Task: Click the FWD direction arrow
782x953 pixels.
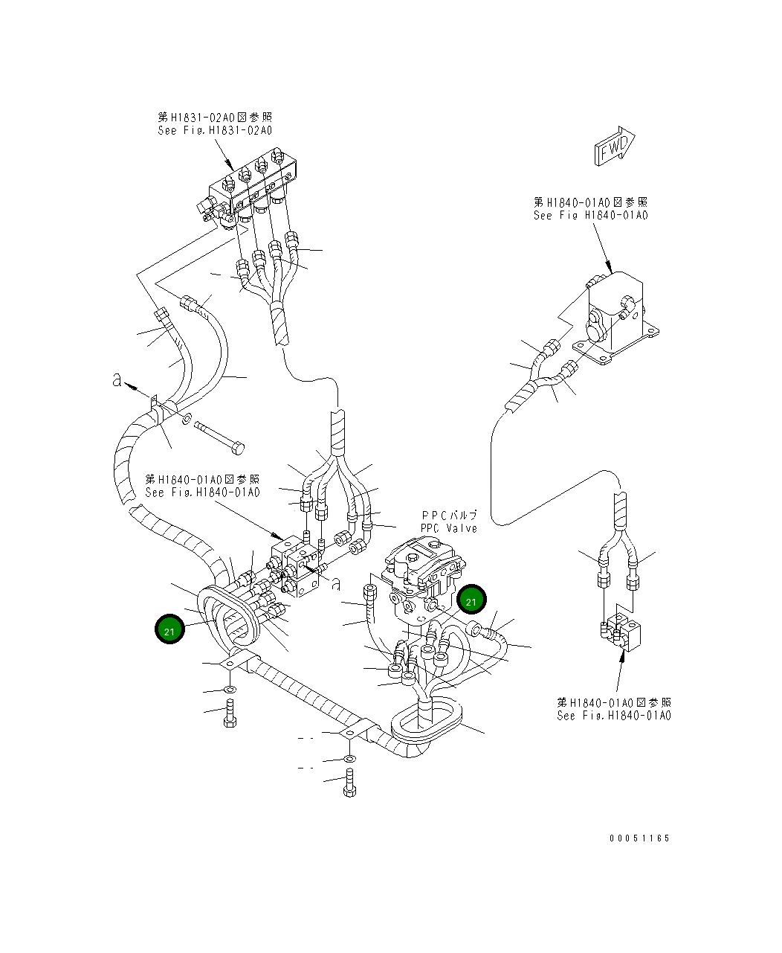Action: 615,146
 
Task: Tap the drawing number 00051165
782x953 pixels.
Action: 639,838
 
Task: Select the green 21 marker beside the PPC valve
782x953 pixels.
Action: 471,600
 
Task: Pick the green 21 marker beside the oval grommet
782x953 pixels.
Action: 169,629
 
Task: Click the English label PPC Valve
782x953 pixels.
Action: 449,528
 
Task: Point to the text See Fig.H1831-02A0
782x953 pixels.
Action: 215,131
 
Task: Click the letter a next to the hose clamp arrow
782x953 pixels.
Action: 117,380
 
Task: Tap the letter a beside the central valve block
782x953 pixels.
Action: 335,584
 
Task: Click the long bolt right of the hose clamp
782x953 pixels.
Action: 219,437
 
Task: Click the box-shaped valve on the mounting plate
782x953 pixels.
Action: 615,318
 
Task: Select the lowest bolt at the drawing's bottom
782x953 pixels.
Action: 349,782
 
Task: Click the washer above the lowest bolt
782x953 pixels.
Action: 349,758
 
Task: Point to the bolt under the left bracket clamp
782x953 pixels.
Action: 230,713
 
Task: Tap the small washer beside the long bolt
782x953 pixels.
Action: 187,419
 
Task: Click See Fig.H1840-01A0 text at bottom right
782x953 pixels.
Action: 614,716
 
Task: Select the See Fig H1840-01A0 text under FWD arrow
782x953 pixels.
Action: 590,215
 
